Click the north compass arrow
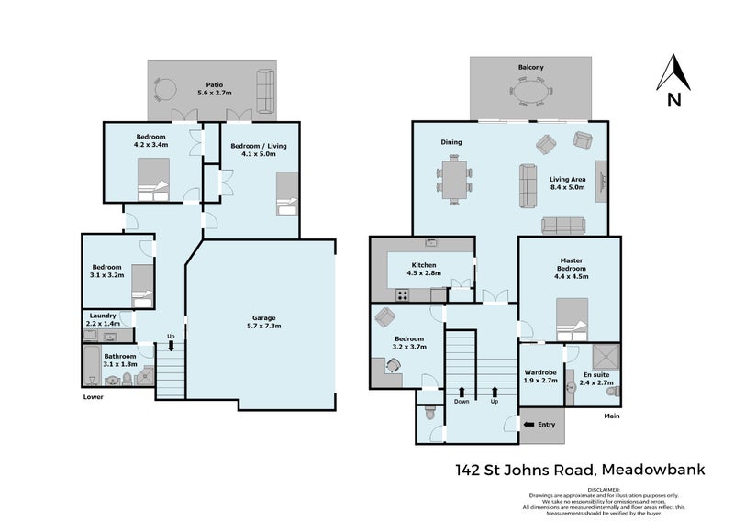coord(674,73)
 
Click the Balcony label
coord(530,68)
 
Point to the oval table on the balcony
coord(531,94)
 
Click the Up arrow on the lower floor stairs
coord(171,340)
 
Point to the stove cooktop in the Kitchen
coord(402,294)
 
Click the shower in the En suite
coord(603,358)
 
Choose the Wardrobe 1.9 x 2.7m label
coord(540,376)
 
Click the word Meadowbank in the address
coord(652,471)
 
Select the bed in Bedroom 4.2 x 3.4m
coord(152,179)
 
